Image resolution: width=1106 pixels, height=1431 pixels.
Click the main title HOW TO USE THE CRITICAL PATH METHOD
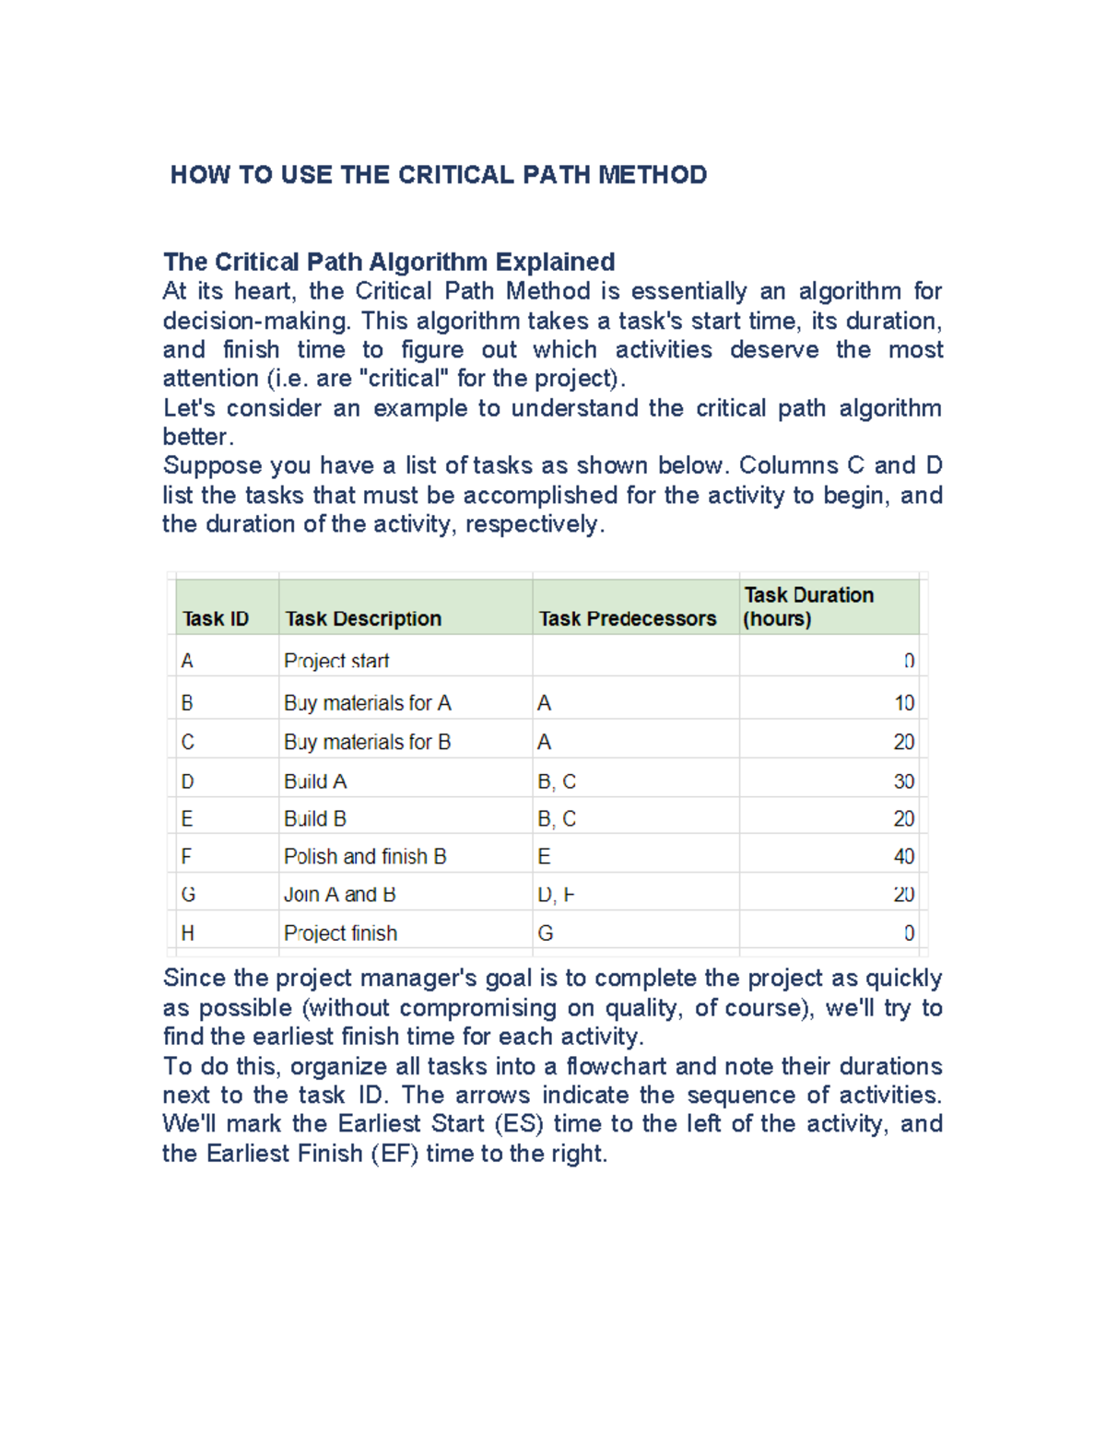439,175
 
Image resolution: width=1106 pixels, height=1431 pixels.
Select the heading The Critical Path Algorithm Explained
389,262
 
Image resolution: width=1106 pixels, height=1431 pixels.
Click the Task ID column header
216,618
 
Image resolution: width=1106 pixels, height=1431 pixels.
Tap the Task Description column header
363,618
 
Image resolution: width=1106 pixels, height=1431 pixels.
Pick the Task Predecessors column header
628,618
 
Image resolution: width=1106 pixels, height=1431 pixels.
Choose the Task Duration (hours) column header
809,606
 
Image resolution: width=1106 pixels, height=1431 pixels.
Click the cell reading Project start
336,661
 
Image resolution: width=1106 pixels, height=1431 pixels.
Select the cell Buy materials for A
367,703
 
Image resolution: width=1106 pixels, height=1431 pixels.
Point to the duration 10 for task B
903,703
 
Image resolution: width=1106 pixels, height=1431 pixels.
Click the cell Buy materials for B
367,742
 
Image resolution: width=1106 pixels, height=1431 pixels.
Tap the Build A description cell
315,781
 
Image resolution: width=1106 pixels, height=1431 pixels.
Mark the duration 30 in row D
903,781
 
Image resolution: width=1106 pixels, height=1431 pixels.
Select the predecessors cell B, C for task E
557,818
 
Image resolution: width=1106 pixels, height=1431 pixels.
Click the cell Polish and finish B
365,856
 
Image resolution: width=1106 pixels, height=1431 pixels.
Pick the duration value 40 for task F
903,856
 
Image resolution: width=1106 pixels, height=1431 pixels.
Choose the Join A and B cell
339,894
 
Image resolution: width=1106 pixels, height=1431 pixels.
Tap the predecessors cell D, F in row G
556,894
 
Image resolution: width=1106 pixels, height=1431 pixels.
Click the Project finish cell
340,932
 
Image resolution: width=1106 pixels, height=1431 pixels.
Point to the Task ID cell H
188,932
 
